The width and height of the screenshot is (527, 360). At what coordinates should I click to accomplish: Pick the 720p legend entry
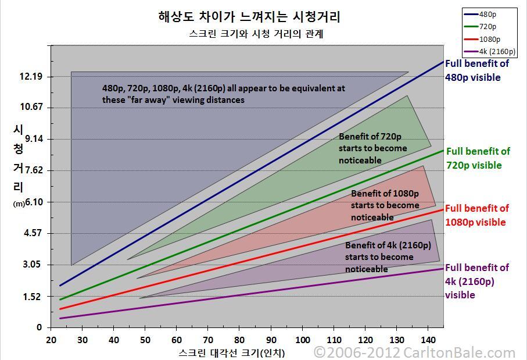(x=489, y=27)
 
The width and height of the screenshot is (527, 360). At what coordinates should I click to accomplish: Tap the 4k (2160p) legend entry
(x=497, y=51)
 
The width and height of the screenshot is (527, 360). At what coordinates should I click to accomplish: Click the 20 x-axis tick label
(x=51, y=340)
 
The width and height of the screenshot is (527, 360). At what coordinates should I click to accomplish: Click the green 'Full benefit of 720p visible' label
(x=478, y=158)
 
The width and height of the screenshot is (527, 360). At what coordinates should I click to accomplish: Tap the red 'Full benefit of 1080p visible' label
(x=476, y=215)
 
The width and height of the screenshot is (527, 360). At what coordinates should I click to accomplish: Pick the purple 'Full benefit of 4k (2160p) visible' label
(x=476, y=281)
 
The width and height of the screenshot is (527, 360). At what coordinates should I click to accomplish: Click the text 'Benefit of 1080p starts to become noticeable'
(x=385, y=205)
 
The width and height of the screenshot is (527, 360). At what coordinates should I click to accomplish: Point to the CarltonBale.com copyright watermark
(x=414, y=352)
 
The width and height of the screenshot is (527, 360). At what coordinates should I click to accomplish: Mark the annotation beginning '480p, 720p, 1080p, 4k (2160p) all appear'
(x=224, y=94)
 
